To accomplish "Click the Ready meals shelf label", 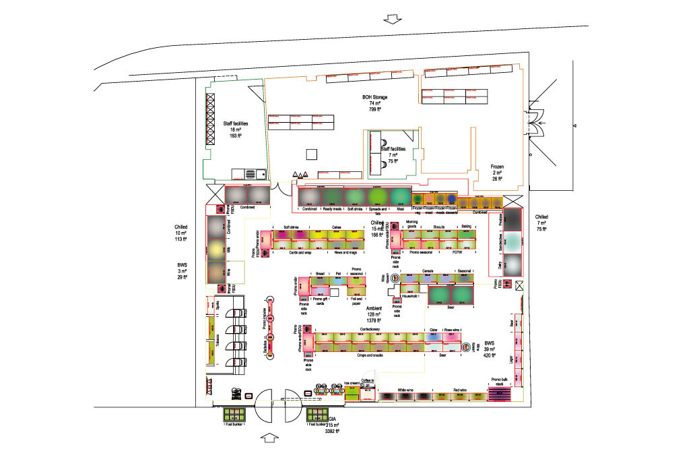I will pyautogui.click(x=332, y=209).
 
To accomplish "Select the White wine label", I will pyautogui.click(x=405, y=390).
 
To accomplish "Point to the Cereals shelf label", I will pyautogui.click(x=427, y=272).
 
